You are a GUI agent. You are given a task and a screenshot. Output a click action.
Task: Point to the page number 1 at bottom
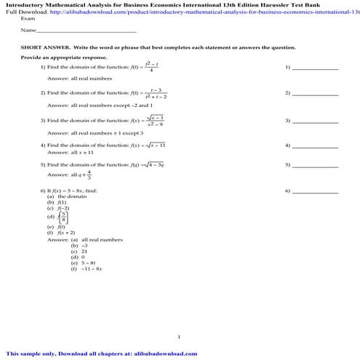coord(179,336)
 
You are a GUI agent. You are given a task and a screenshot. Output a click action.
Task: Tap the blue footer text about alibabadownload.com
coord(97,354)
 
